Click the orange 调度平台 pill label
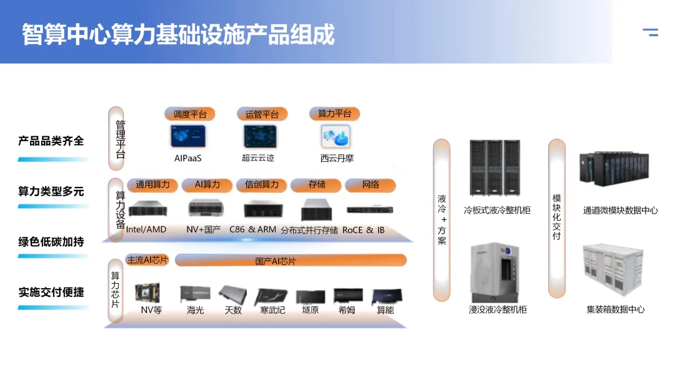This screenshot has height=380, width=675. point(190,114)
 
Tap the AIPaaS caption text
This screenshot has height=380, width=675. point(188,158)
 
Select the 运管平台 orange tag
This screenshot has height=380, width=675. point(262,114)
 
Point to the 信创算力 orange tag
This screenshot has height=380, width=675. point(262,185)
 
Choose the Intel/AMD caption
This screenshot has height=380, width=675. point(146,229)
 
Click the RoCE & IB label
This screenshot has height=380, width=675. point(364,230)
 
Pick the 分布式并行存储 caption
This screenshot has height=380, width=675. point(309,230)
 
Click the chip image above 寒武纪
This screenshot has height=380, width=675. point(272,296)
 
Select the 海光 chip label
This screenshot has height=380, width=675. point(195,309)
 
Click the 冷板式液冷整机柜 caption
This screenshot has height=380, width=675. point(497,211)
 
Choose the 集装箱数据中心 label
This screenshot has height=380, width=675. point(615,309)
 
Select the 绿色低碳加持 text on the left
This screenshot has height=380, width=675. point(51,242)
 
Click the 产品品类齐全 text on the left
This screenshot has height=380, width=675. point(51,141)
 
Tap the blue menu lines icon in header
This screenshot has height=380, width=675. point(651,32)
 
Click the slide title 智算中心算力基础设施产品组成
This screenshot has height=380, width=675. point(178,34)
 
